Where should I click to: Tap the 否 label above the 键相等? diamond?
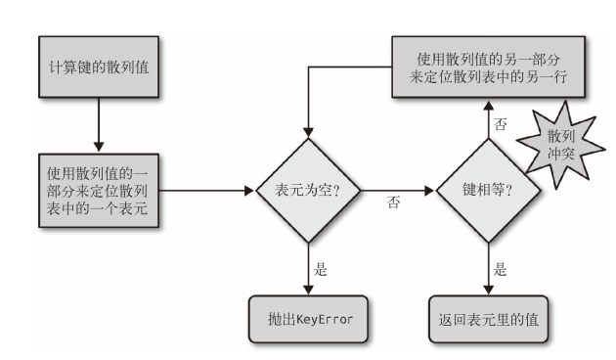(500, 125)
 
